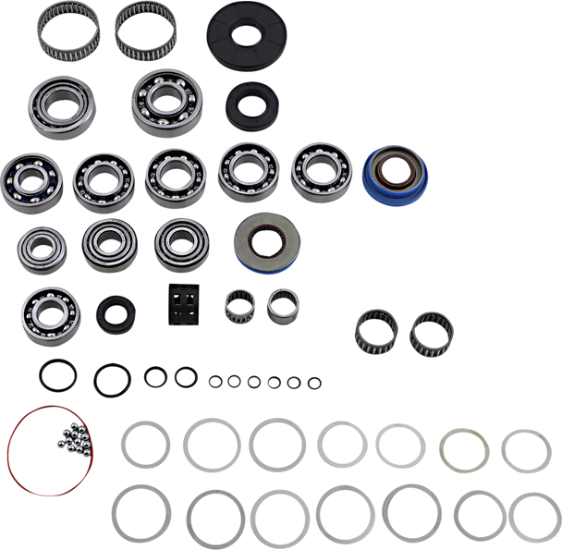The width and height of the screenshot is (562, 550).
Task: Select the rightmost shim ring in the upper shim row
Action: [x=527, y=451]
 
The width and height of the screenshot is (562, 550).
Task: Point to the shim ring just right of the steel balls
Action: [x=146, y=444]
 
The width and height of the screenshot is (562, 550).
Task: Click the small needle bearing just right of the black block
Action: [x=238, y=302]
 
